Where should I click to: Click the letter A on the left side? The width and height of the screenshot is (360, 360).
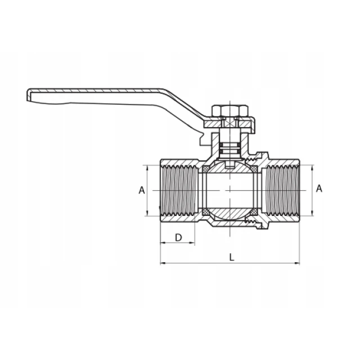click(142, 190)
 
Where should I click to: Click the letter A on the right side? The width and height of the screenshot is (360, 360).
click(319, 188)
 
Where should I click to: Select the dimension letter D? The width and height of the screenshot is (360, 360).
click(178, 237)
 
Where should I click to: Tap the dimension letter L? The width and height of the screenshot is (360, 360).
click(232, 258)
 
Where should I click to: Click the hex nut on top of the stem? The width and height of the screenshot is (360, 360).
click(230, 111)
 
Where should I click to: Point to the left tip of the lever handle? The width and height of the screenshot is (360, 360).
click(28, 94)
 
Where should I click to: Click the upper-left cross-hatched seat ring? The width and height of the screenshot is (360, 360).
click(205, 169)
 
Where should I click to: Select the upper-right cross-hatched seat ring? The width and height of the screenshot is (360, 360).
click(254, 169)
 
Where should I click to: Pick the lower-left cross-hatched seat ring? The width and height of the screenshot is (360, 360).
click(205, 212)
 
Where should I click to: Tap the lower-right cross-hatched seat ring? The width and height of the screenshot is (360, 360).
click(254, 212)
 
